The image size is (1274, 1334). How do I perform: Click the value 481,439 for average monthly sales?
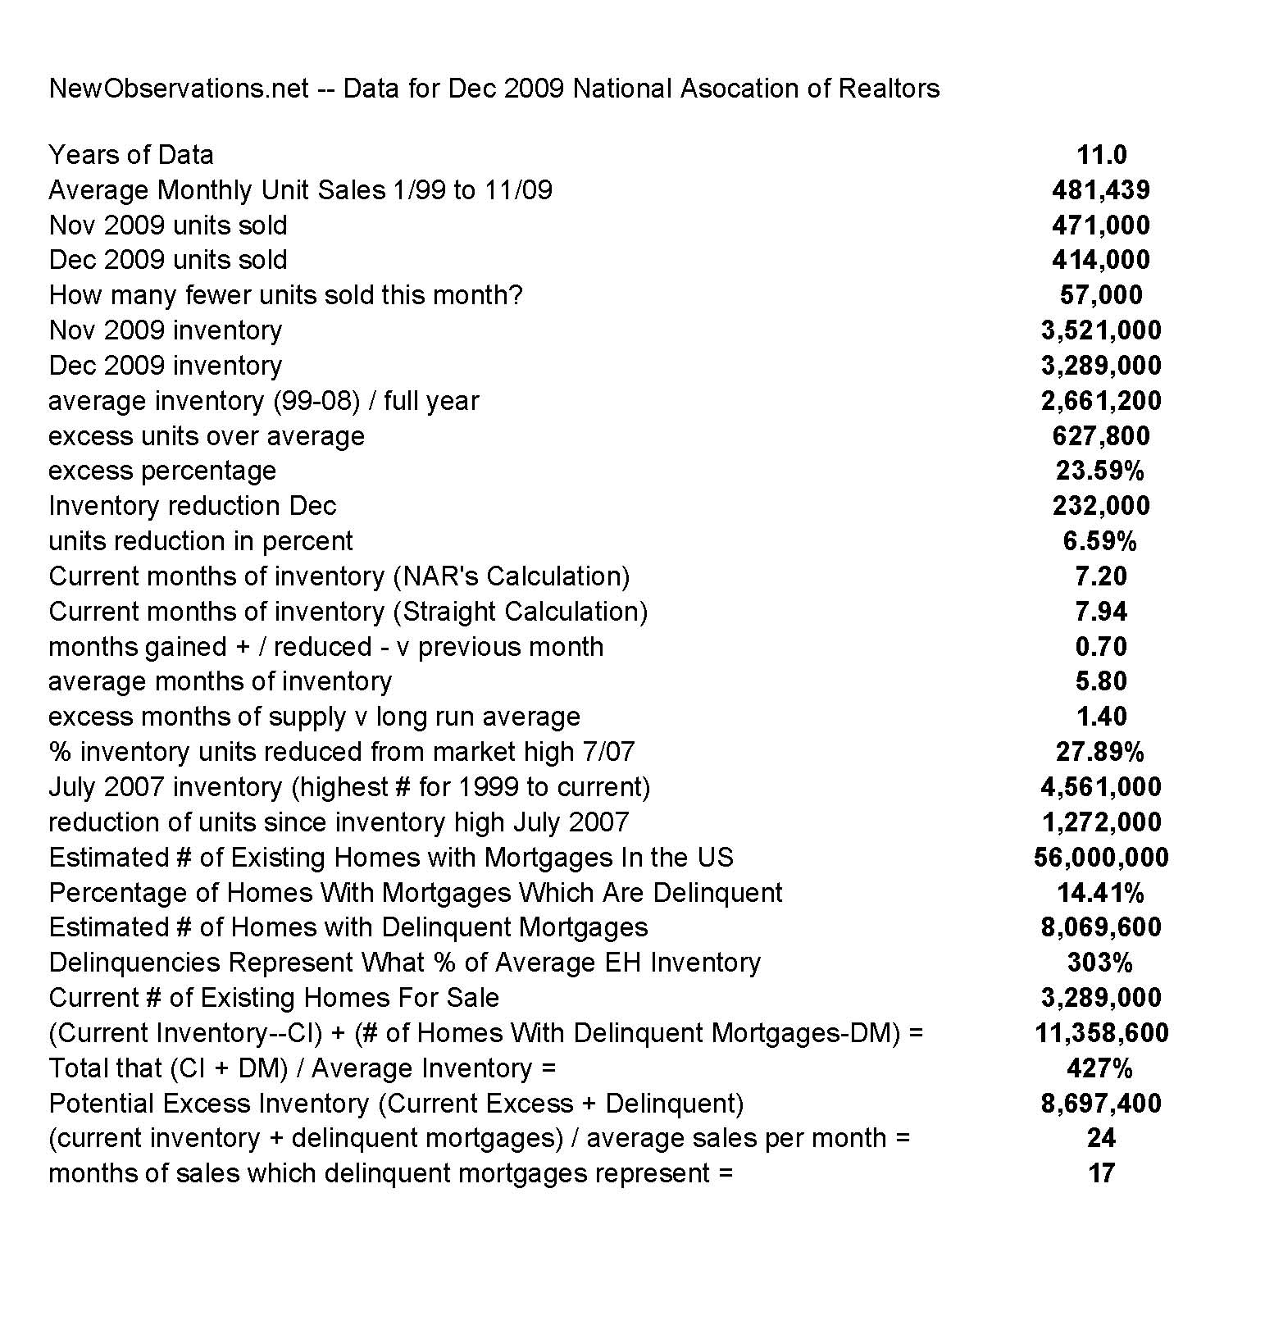pyautogui.click(x=1100, y=190)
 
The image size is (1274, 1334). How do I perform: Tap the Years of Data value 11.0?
pyautogui.click(x=1101, y=155)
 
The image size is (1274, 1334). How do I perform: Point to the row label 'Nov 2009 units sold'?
pyautogui.click(x=168, y=225)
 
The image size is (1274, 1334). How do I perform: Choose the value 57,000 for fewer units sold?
pyautogui.click(x=1101, y=295)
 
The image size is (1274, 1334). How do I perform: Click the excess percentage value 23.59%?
pyautogui.click(x=1100, y=471)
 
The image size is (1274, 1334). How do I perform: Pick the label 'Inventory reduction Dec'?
pyautogui.click(x=193, y=506)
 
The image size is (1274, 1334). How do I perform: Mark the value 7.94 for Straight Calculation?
pyautogui.click(x=1101, y=612)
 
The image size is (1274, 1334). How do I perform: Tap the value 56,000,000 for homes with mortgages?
pyautogui.click(x=1101, y=858)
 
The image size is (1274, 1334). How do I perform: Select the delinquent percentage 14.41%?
pyautogui.click(x=1100, y=893)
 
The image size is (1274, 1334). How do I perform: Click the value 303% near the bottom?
pyautogui.click(x=1100, y=963)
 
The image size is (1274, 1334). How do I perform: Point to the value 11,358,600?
pyautogui.click(x=1101, y=1033)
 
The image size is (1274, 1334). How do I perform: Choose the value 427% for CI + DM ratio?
pyautogui.click(x=1100, y=1068)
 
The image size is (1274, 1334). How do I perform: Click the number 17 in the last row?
pyautogui.click(x=1101, y=1173)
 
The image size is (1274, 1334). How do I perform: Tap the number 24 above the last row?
pyautogui.click(x=1101, y=1138)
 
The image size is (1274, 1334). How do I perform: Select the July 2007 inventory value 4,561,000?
pyautogui.click(x=1101, y=787)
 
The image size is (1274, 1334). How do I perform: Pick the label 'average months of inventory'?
pyautogui.click(x=220, y=681)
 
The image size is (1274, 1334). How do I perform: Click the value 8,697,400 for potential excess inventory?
pyautogui.click(x=1101, y=1104)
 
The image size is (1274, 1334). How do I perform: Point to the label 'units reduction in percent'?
pyautogui.click(x=201, y=541)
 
